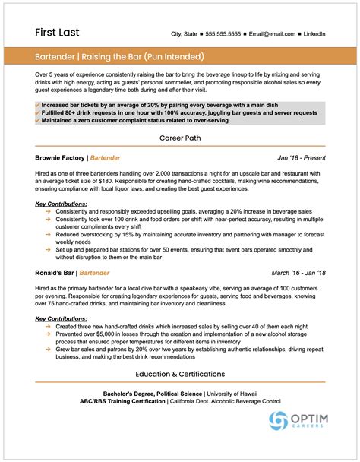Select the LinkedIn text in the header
313,34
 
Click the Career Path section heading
180,138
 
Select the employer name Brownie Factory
59,158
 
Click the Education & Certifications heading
180,374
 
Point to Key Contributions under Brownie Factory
61,204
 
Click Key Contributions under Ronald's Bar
61,318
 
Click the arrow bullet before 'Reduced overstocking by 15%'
48,236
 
